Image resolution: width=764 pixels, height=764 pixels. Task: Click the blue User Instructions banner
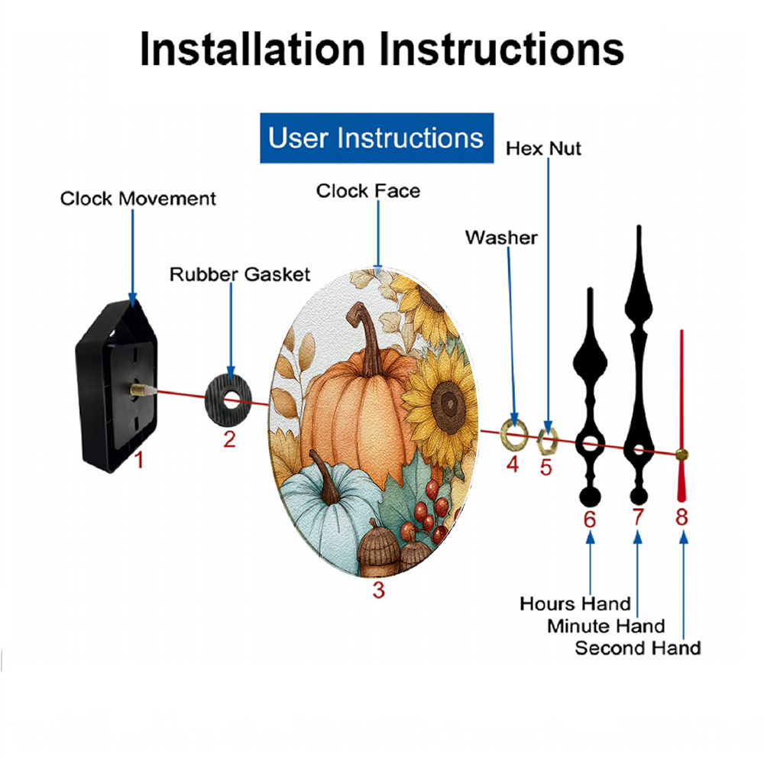pyautogui.click(x=377, y=138)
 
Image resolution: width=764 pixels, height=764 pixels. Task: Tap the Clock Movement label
pyautogui.click(x=138, y=199)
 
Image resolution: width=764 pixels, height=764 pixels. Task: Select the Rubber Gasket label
pyautogui.click(x=240, y=274)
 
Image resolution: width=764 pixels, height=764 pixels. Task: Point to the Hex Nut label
pyautogui.click(x=543, y=149)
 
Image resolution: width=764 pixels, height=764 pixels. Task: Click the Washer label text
pyautogui.click(x=501, y=238)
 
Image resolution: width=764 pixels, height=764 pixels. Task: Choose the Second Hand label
pyautogui.click(x=638, y=648)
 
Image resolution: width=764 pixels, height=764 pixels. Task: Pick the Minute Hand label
pyautogui.click(x=606, y=626)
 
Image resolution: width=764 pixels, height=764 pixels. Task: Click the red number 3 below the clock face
pyautogui.click(x=379, y=590)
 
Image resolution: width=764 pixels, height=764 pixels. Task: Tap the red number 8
pyautogui.click(x=681, y=517)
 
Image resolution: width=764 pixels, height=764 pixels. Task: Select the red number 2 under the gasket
pyautogui.click(x=229, y=439)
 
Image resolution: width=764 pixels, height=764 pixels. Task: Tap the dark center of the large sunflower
pyautogui.click(x=448, y=403)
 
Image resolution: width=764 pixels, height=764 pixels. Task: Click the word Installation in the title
pyautogui.click(x=252, y=50)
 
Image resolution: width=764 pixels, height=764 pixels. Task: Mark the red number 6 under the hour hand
pyautogui.click(x=590, y=520)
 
